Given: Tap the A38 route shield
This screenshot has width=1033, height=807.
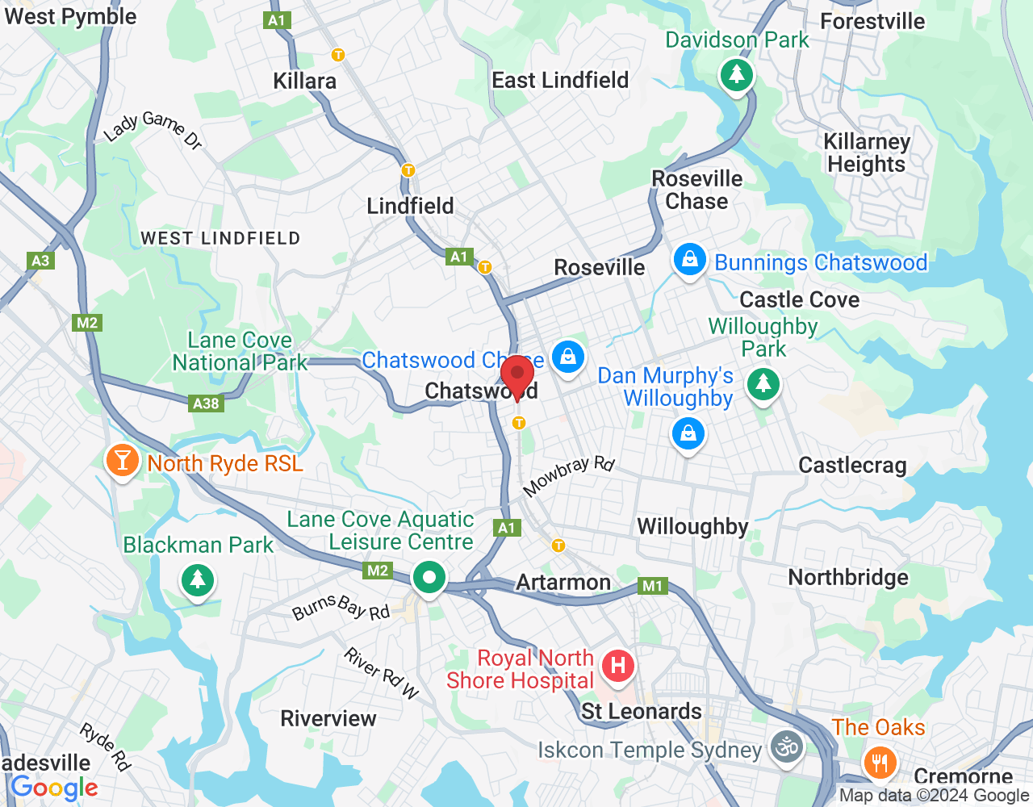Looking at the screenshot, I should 206,403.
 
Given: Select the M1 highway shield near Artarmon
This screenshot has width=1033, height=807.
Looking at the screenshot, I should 652,586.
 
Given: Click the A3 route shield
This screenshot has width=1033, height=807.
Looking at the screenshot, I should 40,260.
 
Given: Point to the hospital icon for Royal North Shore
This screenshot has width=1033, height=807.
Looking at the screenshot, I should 618,666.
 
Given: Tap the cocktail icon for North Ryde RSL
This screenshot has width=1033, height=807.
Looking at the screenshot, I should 122,461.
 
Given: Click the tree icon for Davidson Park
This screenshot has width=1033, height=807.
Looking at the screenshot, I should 736,75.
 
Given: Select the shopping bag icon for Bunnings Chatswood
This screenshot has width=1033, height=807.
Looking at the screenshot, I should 689,260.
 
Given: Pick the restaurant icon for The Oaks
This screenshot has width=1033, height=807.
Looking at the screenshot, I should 879,761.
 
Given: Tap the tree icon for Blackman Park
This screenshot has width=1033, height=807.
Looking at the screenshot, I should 197,579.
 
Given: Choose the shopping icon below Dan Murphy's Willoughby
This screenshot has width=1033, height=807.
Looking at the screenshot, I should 688,435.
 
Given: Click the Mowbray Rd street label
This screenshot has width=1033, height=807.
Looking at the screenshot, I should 569,476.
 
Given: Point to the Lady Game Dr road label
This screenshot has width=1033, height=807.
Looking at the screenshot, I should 153,130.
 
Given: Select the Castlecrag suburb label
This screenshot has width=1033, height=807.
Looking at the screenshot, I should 852,465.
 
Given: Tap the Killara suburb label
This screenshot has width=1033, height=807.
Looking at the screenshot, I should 304,81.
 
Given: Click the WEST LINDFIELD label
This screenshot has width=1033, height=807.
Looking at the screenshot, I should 220,238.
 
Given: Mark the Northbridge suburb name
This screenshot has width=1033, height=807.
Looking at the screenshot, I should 848,577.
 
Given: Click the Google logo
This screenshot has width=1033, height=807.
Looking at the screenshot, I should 54,788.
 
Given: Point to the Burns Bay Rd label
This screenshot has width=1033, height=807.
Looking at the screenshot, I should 341,607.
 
